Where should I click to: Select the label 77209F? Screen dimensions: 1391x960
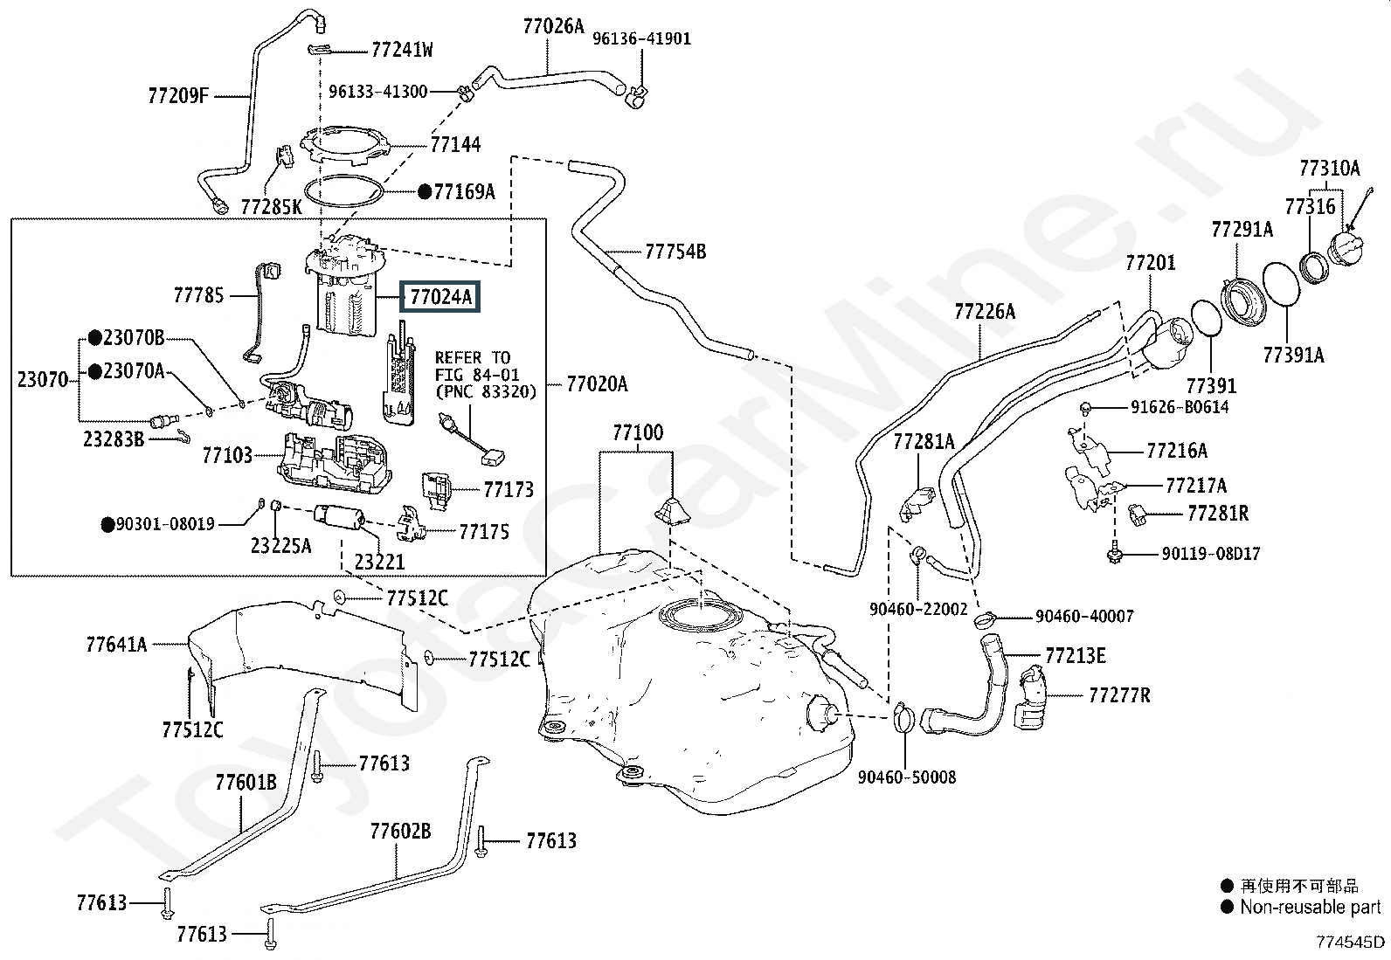pyautogui.click(x=178, y=95)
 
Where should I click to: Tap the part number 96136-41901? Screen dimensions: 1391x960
pyautogui.click(x=641, y=38)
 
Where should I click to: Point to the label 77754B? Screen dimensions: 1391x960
pyautogui.click(x=675, y=252)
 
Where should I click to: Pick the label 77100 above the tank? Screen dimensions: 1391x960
pyautogui.click(x=638, y=432)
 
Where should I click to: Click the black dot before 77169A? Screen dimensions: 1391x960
pyautogui.click(x=425, y=192)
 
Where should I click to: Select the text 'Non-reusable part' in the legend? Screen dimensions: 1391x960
pyautogui.click(x=1311, y=908)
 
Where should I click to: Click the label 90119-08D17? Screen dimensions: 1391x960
pyautogui.click(x=1211, y=553)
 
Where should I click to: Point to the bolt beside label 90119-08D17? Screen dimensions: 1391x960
pyautogui.click(x=1115, y=553)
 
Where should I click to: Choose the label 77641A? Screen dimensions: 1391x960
pyautogui.click(x=117, y=645)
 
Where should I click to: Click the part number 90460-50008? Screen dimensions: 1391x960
pyautogui.click(x=907, y=777)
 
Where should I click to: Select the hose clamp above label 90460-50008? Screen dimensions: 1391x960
pyautogui.click(x=903, y=718)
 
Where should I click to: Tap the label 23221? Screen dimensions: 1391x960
pyautogui.click(x=379, y=562)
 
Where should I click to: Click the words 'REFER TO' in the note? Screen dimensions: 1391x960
pyautogui.click(x=473, y=357)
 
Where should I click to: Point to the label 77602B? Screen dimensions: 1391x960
pyautogui.click(x=400, y=831)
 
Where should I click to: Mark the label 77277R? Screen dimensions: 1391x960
pyautogui.click(x=1119, y=694)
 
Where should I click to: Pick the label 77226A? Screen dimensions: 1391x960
pyautogui.click(x=985, y=311)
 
